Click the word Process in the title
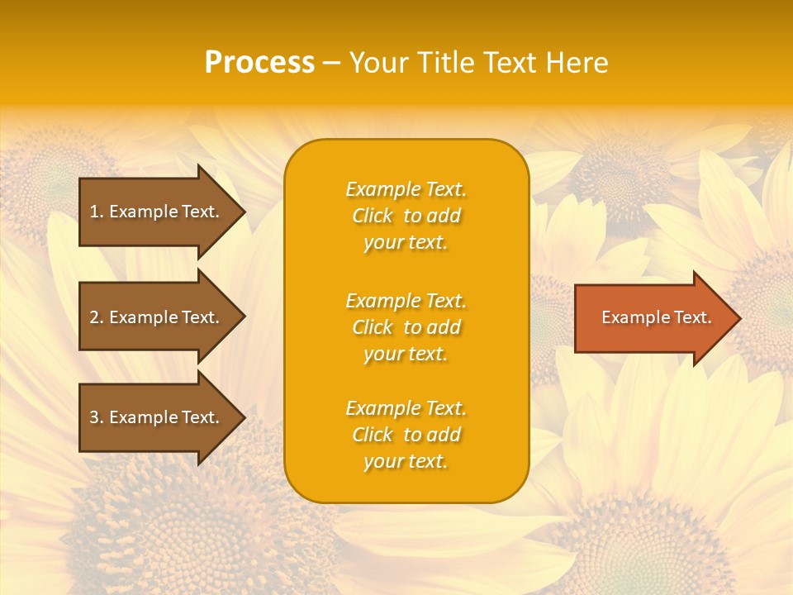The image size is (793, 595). pos(259,63)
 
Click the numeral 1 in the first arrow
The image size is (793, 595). pos(94,212)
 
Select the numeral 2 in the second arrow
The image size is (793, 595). pos(94,317)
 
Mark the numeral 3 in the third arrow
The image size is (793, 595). pos(94,417)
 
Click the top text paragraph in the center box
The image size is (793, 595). pos(406,216)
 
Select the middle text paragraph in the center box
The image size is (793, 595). pos(406,327)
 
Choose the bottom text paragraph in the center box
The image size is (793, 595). pos(406,435)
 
